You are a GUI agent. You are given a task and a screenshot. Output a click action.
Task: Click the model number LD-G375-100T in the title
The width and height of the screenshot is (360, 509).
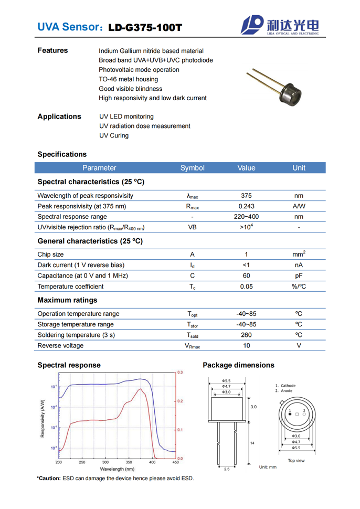[145, 27]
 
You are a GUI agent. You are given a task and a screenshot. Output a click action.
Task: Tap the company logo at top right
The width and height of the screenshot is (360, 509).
[280, 25]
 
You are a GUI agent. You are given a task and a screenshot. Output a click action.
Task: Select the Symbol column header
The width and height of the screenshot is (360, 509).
[192, 168]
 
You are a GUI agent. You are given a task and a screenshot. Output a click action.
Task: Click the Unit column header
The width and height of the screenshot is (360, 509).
[299, 168]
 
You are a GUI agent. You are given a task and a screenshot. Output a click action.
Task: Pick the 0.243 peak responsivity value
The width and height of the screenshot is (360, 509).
[246, 206]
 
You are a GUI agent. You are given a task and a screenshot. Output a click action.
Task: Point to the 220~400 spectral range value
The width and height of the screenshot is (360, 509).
[246, 217]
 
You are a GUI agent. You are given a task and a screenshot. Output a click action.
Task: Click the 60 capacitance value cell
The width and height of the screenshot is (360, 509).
[246, 275]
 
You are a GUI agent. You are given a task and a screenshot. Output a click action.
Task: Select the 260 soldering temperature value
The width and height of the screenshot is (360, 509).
[246, 335]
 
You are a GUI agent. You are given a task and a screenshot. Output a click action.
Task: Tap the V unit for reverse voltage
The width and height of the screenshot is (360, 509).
[299, 346]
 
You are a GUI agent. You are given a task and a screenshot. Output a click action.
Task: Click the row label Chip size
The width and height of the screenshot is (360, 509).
[52, 254]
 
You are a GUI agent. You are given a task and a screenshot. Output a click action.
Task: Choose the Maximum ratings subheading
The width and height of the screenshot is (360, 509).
[67, 300]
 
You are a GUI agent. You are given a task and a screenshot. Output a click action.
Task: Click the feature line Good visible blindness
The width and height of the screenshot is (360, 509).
[131, 89]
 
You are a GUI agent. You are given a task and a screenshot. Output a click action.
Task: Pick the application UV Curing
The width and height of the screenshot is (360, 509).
[114, 135]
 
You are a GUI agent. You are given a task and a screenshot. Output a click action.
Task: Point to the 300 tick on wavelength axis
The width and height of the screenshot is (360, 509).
[105, 462]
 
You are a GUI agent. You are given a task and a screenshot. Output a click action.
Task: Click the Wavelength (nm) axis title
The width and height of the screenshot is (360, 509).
[117, 469]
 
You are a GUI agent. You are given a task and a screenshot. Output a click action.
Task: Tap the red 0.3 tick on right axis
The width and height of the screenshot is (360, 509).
[180, 373]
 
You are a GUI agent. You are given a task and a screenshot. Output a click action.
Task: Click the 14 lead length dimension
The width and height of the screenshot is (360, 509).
[252, 443]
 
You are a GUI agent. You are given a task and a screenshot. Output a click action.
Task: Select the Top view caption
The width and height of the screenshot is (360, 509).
[296, 461]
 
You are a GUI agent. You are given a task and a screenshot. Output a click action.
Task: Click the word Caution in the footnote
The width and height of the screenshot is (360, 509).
[49, 478]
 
